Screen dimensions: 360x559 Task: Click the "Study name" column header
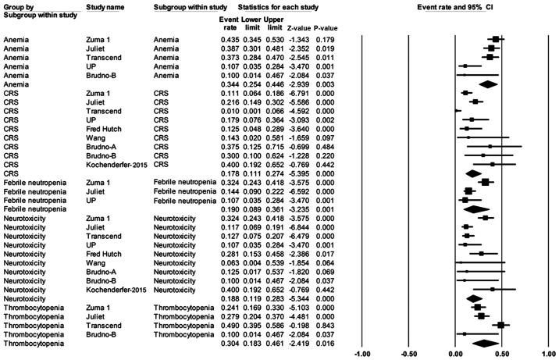(x=105, y=7)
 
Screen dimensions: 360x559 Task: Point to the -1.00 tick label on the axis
(x=362, y=354)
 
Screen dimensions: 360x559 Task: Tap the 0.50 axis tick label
(x=500, y=354)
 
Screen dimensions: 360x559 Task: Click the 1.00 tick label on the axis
(x=545, y=354)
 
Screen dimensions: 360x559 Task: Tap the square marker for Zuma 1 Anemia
(x=494, y=38)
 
